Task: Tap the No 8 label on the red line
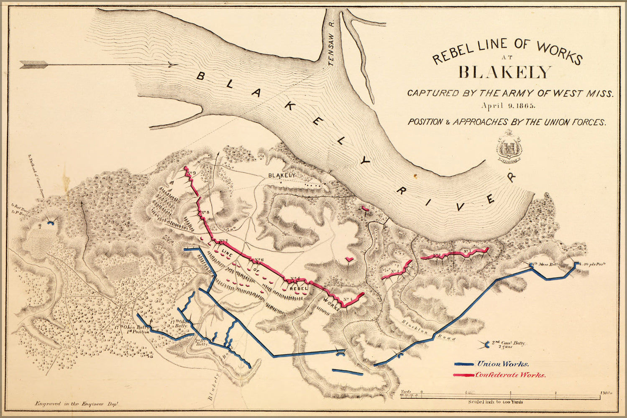click(205, 213)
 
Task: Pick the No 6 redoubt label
click(259, 260)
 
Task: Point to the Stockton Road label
click(427, 330)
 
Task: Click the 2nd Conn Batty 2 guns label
click(507, 344)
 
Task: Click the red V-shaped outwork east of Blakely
click(348, 260)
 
